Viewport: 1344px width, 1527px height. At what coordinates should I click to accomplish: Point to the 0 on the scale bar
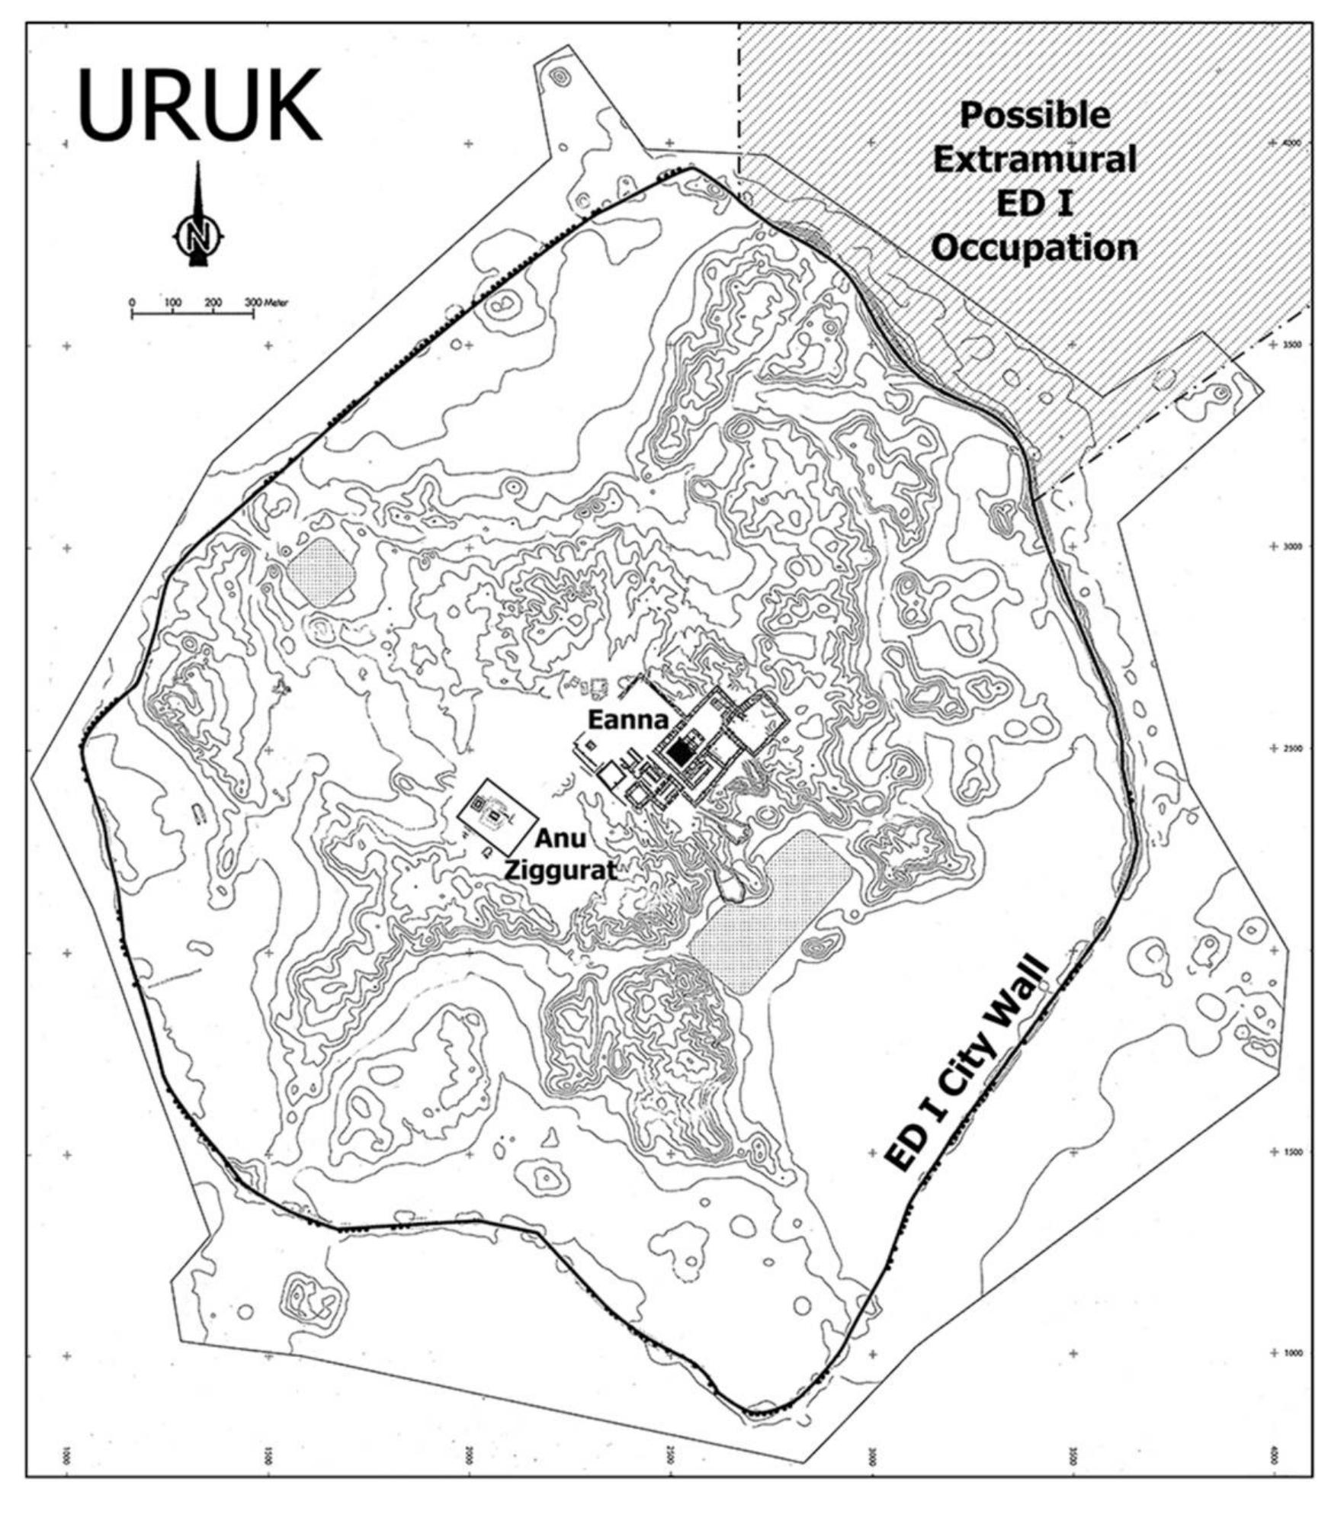(x=132, y=303)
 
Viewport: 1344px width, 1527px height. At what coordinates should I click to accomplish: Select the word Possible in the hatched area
(x=1034, y=116)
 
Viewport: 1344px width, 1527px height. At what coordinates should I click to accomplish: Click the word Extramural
(x=1034, y=160)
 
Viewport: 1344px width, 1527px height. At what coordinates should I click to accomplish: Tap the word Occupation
(x=1034, y=249)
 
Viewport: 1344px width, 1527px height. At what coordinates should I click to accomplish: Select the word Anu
(x=560, y=839)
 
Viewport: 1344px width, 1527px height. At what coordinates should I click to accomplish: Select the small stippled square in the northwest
(x=321, y=573)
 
